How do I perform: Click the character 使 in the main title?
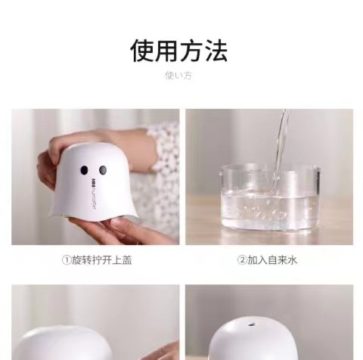[144, 51]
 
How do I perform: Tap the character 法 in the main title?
[216, 51]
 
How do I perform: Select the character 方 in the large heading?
[192, 51]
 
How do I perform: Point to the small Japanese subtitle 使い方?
[179, 75]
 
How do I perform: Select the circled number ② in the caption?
[242, 261]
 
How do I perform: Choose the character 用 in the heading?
[168, 51]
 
